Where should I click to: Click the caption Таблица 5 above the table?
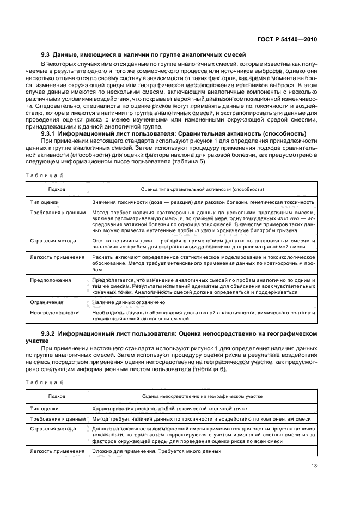point(45,174)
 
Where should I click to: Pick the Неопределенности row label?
point(54,312)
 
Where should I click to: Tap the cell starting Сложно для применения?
point(156,451)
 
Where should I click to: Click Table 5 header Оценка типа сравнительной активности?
point(203,189)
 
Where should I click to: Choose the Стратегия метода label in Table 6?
point(53,429)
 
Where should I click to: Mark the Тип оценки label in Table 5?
point(45,201)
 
